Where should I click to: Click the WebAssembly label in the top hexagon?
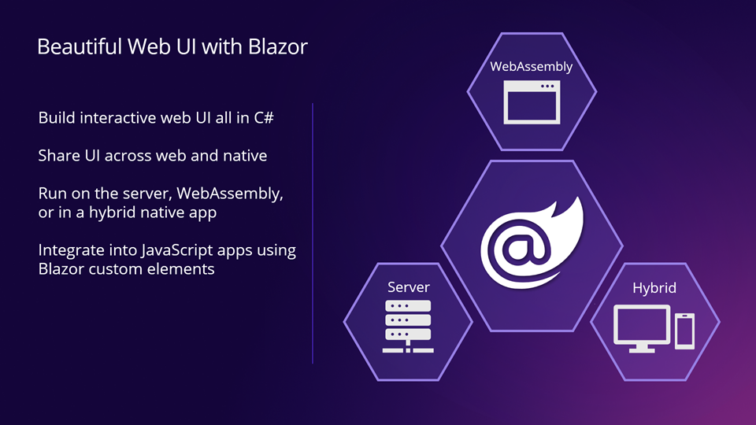(x=531, y=67)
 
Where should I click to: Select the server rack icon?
(x=408, y=324)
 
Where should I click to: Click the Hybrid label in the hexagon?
(x=654, y=288)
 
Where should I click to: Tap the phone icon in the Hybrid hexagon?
(x=685, y=331)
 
